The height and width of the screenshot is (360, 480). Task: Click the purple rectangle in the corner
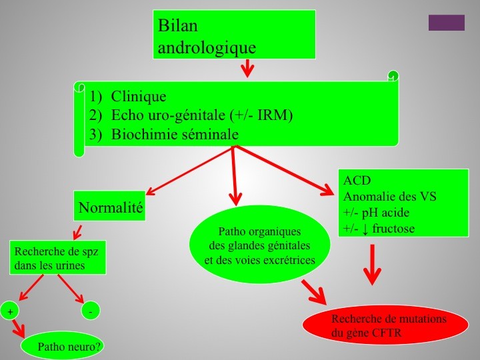(x=446, y=23)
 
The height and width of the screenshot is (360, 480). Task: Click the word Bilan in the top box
(x=177, y=25)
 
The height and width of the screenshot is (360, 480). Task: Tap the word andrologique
(x=207, y=48)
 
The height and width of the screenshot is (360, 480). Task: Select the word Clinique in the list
(x=139, y=96)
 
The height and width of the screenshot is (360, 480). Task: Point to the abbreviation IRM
(x=273, y=115)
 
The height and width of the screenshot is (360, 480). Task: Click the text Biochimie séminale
(x=175, y=134)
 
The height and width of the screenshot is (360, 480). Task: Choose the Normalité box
(x=109, y=206)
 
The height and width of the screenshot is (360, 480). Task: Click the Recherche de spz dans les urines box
(x=58, y=257)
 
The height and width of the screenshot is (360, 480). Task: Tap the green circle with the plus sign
(x=10, y=311)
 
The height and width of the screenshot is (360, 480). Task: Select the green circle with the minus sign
(x=90, y=311)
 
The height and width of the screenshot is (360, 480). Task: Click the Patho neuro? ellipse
(x=63, y=346)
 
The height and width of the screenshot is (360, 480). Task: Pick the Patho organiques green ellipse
(x=259, y=244)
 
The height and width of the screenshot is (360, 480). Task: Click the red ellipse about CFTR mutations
(x=385, y=325)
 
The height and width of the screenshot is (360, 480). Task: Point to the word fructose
(x=393, y=229)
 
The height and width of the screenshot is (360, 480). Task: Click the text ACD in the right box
(x=357, y=180)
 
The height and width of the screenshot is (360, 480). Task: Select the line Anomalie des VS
(x=390, y=196)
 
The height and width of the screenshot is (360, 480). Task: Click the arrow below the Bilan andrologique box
(x=247, y=68)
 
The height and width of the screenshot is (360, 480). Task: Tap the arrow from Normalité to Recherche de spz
(x=77, y=233)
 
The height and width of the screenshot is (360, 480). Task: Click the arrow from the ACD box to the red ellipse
(x=372, y=265)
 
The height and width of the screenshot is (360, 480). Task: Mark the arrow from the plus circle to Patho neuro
(x=19, y=329)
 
